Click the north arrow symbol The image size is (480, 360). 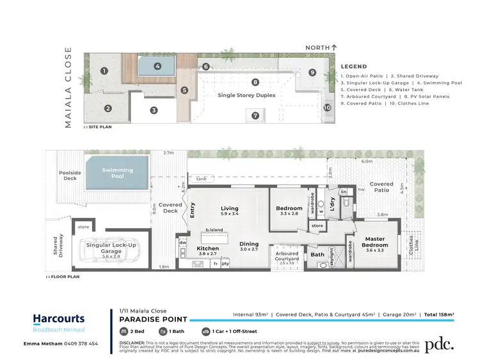pos(333,47)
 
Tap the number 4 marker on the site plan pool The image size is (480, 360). pos(157,66)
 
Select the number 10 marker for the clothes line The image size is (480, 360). pos(327,107)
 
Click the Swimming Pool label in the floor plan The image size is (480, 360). pos(118,173)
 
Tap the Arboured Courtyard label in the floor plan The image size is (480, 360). pos(287,256)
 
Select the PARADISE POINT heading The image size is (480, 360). pos(154,320)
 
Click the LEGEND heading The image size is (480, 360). pos(353,67)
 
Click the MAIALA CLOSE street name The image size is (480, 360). pos(69,90)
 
